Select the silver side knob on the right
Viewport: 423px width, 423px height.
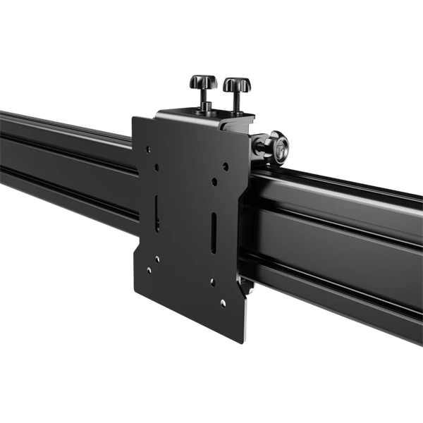(x=281, y=149)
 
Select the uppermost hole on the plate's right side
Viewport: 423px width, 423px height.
(x=226, y=166)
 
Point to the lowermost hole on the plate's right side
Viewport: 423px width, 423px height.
(x=223, y=303)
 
